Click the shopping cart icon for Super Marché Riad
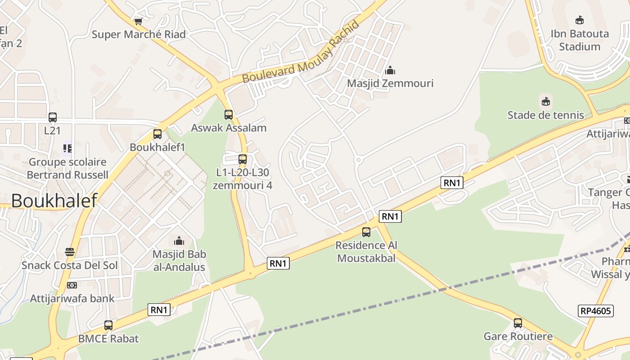click(139, 21)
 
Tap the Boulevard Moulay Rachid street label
click(301, 52)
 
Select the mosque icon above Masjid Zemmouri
click(390, 70)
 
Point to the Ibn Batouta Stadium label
click(580, 40)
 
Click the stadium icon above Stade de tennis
click(546, 101)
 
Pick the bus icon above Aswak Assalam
click(229, 115)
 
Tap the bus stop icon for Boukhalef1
click(157, 134)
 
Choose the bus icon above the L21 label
click(53, 117)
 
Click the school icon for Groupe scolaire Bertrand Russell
click(67, 148)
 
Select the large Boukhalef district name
click(54, 201)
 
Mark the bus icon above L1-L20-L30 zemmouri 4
click(243, 159)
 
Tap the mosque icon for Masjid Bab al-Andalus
click(179, 241)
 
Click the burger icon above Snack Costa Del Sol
click(70, 252)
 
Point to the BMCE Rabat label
click(108, 339)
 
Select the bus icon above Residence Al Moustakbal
click(366, 232)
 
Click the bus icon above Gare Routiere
click(518, 323)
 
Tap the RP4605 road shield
click(595, 311)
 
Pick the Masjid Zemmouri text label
click(390, 83)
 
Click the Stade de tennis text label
click(546, 115)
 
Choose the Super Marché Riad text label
click(139, 35)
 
